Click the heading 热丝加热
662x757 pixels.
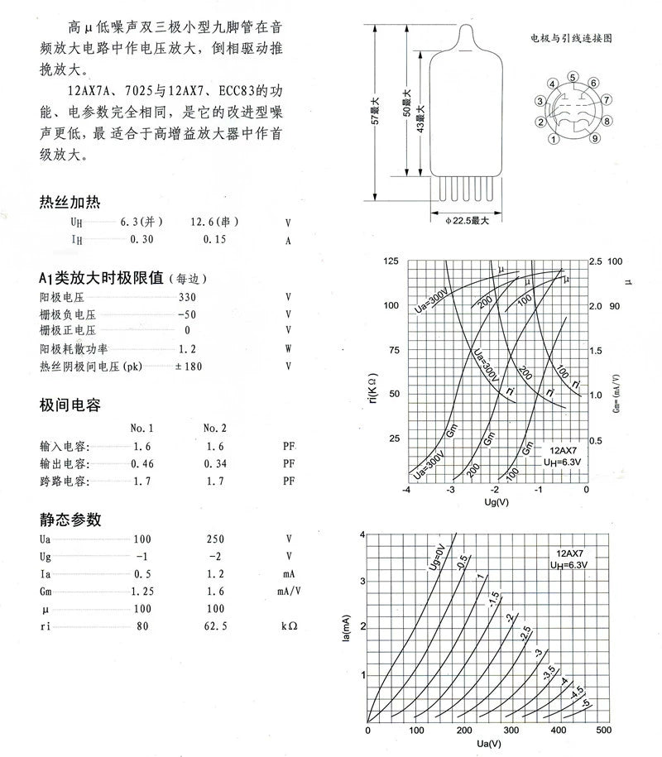pos(70,203)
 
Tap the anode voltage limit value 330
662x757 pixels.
pos(187,296)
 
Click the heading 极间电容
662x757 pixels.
pos(70,405)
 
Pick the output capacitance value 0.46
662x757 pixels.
pos(142,462)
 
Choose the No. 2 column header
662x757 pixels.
pos(214,428)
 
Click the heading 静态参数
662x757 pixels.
pos(70,520)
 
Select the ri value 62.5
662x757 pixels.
pos(214,627)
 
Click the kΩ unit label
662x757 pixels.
pos(289,627)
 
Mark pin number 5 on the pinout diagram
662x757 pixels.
pos(572,77)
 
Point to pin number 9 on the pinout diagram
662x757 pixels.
pos(595,139)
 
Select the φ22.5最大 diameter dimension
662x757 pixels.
pos(468,221)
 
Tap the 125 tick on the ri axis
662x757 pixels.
pos(391,261)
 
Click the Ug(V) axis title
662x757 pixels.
pos(496,502)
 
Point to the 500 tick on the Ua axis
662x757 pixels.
pos(603,731)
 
